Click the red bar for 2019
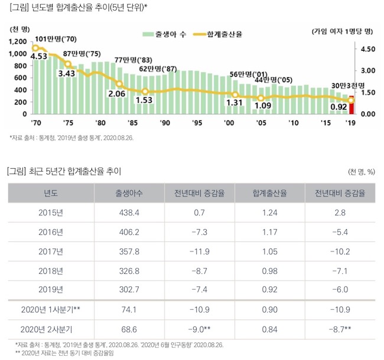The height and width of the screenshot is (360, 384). click(x=352, y=105)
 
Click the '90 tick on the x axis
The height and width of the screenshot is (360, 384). click(x=165, y=123)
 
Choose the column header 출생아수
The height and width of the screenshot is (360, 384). click(x=128, y=193)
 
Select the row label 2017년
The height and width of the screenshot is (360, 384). click(x=50, y=251)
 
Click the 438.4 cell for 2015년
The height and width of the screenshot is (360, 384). click(x=128, y=213)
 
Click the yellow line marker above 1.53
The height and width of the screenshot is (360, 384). click(x=145, y=91)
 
